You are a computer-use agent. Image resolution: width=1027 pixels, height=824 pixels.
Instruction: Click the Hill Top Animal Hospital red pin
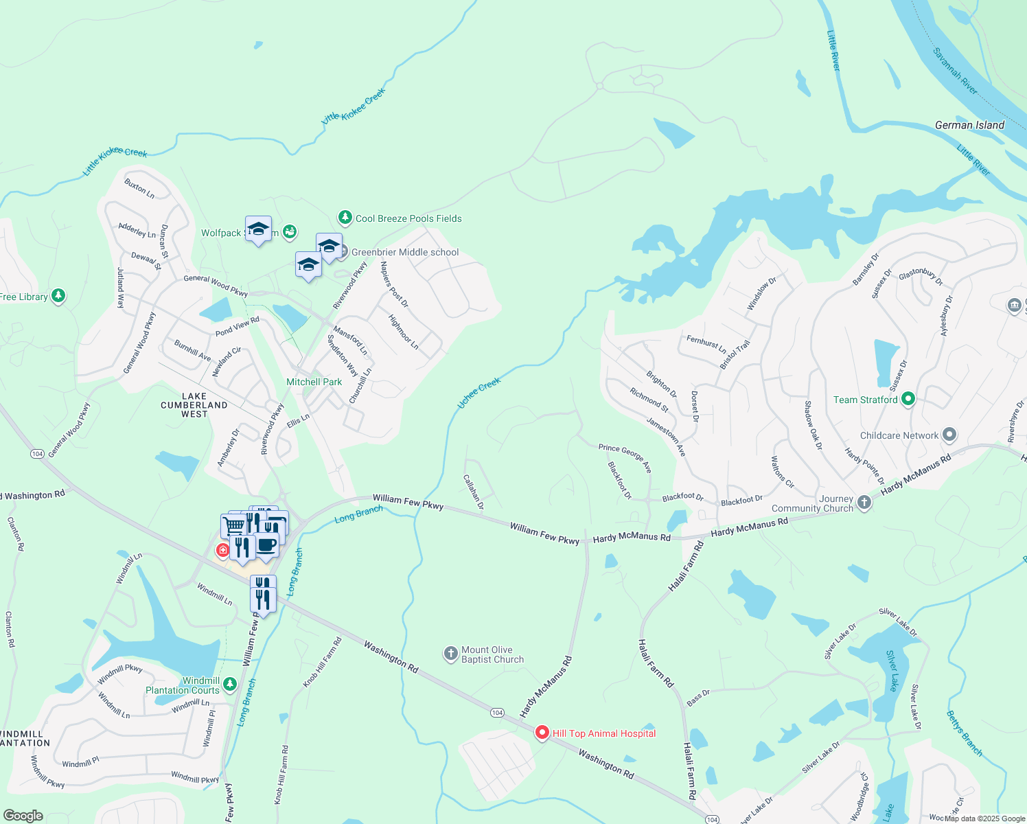pyautogui.click(x=542, y=733)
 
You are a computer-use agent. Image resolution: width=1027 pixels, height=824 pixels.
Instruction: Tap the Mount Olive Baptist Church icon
pyautogui.click(x=450, y=654)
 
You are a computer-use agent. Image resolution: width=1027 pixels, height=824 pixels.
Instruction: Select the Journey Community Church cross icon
pyautogui.click(x=864, y=503)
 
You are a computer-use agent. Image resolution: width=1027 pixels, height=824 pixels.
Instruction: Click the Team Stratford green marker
pyautogui.click(x=908, y=399)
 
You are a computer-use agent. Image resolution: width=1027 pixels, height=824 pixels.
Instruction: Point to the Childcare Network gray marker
pyautogui.click(x=949, y=435)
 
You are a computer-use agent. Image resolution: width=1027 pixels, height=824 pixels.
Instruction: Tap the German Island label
pyautogui.click(x=969, y=125)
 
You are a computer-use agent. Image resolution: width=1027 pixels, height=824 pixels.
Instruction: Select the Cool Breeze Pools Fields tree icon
pyautogui.click(x=345, y=218)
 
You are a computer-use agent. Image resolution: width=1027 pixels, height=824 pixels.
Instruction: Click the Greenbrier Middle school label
pyautogui.click(x=405, y=252)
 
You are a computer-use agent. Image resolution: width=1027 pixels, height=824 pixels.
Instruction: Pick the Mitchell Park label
pyautogui.click(x=314, y=382)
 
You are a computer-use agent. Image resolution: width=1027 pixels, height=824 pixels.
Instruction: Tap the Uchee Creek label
pyautogui.click(x=479, y=393)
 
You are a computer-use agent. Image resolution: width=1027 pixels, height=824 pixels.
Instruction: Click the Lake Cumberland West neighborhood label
pyautogui.click(x=194, y=405)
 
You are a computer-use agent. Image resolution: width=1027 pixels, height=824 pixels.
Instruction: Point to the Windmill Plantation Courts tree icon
pyautogui.click(x=230, y=684)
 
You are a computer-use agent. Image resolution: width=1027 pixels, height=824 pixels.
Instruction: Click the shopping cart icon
pyautogui.click(x=234, y=526)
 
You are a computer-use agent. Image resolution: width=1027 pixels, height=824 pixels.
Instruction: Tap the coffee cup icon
pyautogui.click(x=266, y=545)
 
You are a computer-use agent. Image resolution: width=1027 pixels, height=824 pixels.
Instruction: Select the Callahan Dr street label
pyautogui.click(x=473, y=492)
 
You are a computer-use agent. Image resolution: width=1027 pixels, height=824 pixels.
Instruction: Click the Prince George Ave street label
pyautogui.click(x=625, y=458)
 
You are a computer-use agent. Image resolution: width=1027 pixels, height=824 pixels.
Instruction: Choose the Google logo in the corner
pyautogui.click(x=23, y=816)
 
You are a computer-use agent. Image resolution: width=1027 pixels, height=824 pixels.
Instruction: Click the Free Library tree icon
pyautogui.click(x=58, y=296)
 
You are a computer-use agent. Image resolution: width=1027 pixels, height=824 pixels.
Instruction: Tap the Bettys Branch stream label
pyautogui.click(x=965, y=733)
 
